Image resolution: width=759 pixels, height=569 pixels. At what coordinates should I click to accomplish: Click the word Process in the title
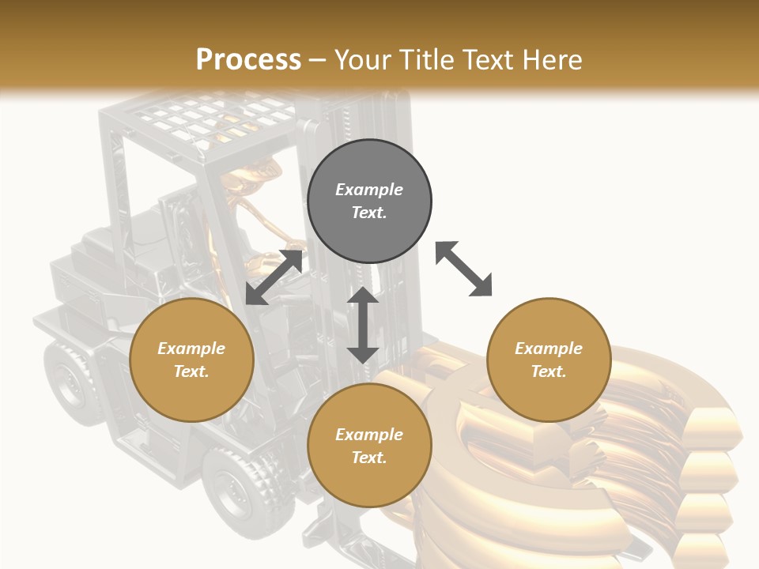248,60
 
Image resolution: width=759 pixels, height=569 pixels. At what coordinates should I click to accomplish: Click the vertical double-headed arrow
363,325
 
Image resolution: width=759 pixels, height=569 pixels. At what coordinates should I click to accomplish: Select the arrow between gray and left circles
274,277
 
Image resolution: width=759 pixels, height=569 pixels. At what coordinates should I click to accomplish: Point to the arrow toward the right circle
463,269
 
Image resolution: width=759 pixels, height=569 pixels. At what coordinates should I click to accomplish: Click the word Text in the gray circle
369,213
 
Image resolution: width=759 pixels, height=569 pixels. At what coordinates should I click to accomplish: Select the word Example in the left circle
191,349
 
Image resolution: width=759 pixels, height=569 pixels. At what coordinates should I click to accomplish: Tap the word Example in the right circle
549,349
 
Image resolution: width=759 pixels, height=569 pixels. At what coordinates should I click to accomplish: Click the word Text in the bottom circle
369,458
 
